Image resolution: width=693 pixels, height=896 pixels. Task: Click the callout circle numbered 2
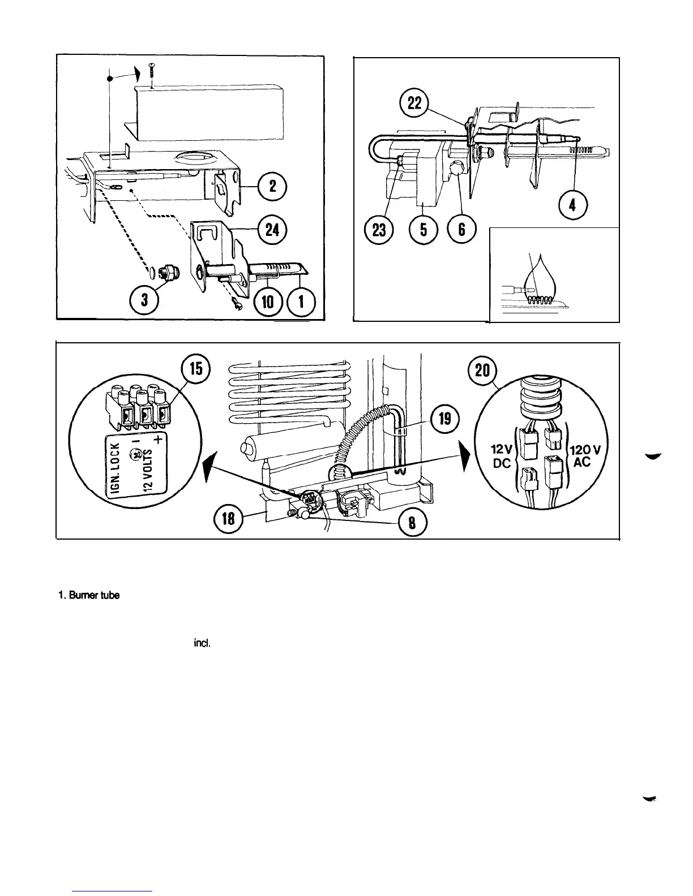272,187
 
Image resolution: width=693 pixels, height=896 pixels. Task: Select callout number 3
146,301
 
